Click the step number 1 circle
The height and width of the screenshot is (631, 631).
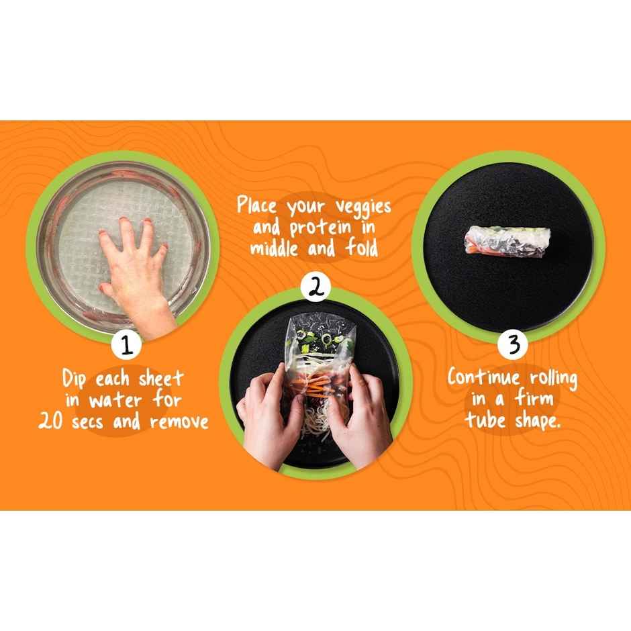(x=126, y=345)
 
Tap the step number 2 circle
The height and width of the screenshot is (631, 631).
(x=316, y=287)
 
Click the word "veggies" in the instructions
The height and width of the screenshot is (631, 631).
(x=363, y=207)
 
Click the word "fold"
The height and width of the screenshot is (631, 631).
(x=362, y=247)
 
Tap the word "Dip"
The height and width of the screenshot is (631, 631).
(x=74, y=379)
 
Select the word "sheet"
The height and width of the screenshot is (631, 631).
(x=161, y=379)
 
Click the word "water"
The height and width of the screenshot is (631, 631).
(x=115, y=400)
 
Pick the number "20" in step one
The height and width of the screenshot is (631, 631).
(x=51, y=422)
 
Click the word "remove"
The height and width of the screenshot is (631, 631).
(x=179, y=422)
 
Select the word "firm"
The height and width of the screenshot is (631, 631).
(x=534, y=398)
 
